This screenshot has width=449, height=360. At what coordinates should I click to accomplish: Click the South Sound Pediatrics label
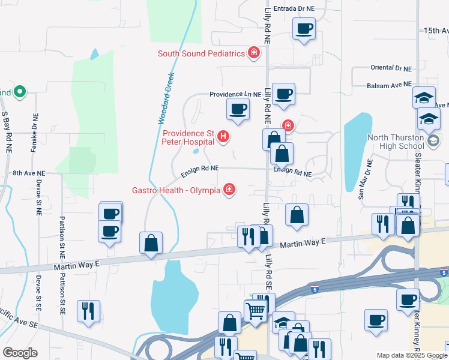pyautogui.click(x=201, y=53)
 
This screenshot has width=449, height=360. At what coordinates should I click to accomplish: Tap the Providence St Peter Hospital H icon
pyautogui.click(x=223, y=137)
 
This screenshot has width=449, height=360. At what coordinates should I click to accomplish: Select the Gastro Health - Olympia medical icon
pyautogui.click(x=228, y=190)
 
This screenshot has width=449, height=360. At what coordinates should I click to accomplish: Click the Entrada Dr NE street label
pyautogui.click(x=294, y=9)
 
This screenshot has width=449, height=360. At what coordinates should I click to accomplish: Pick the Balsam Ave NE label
pyautogui.click(x=390, y=86)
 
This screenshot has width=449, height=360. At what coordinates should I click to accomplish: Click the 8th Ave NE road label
pyautogui.click(x=29, y=173)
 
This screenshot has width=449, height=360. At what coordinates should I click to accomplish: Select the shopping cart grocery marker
pyautogui.click(x=256, y=311)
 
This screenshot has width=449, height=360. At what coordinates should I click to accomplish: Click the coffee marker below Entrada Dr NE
pyautogui.click(x=304, y=28)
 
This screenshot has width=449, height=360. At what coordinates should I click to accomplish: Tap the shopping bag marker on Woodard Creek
pyautogui.click(x=151, y=244)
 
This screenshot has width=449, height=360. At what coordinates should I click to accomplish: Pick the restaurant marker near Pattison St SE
pyautogui.click(x=88, y=311)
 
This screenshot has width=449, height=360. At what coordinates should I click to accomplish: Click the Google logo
pyautogui.click(x=20, y=353)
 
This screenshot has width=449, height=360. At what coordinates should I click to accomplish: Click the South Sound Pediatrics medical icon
pyautogui.click(x=254, y=53)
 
